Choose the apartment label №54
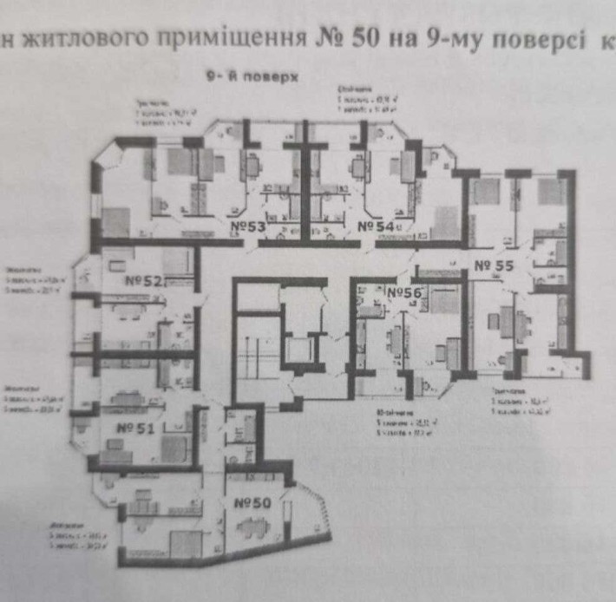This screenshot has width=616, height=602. [377, 226]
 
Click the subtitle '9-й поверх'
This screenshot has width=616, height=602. [252, 76]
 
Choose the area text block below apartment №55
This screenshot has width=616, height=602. [518, 406]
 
